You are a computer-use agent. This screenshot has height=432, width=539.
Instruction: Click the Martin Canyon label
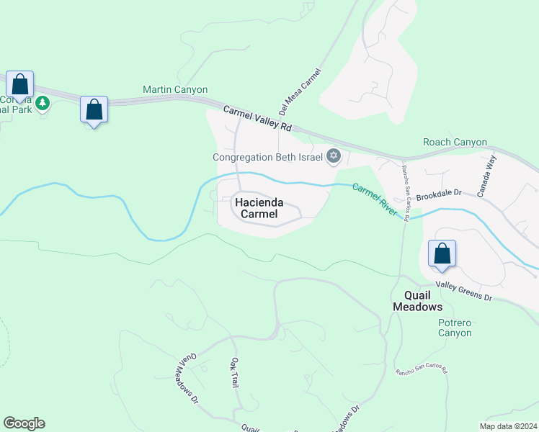[x=175, y=90]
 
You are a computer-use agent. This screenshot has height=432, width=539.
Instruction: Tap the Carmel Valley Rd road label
[x=257, y=119]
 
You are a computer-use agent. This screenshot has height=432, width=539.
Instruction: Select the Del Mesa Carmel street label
[x=298, y=92]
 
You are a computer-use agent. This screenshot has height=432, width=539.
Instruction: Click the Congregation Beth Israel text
[x=268, y=157]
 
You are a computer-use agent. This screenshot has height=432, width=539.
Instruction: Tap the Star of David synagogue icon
[x=333, y=156]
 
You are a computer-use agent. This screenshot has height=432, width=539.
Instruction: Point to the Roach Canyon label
[x=455, y=143]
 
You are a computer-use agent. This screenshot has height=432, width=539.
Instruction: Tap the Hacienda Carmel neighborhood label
[x=256, y=209]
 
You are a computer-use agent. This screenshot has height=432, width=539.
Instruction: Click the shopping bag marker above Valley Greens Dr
[x=442, y=254]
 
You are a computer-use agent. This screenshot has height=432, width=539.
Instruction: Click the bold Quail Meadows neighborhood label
[x=417, y=301]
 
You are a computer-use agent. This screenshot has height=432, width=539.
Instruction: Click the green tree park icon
[x=43, y=104]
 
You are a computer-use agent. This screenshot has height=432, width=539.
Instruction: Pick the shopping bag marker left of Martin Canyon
[x=94, y=110]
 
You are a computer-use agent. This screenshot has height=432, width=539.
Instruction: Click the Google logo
[x=24, y=423]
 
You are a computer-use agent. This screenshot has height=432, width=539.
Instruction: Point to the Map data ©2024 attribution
[x=508, y=426]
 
